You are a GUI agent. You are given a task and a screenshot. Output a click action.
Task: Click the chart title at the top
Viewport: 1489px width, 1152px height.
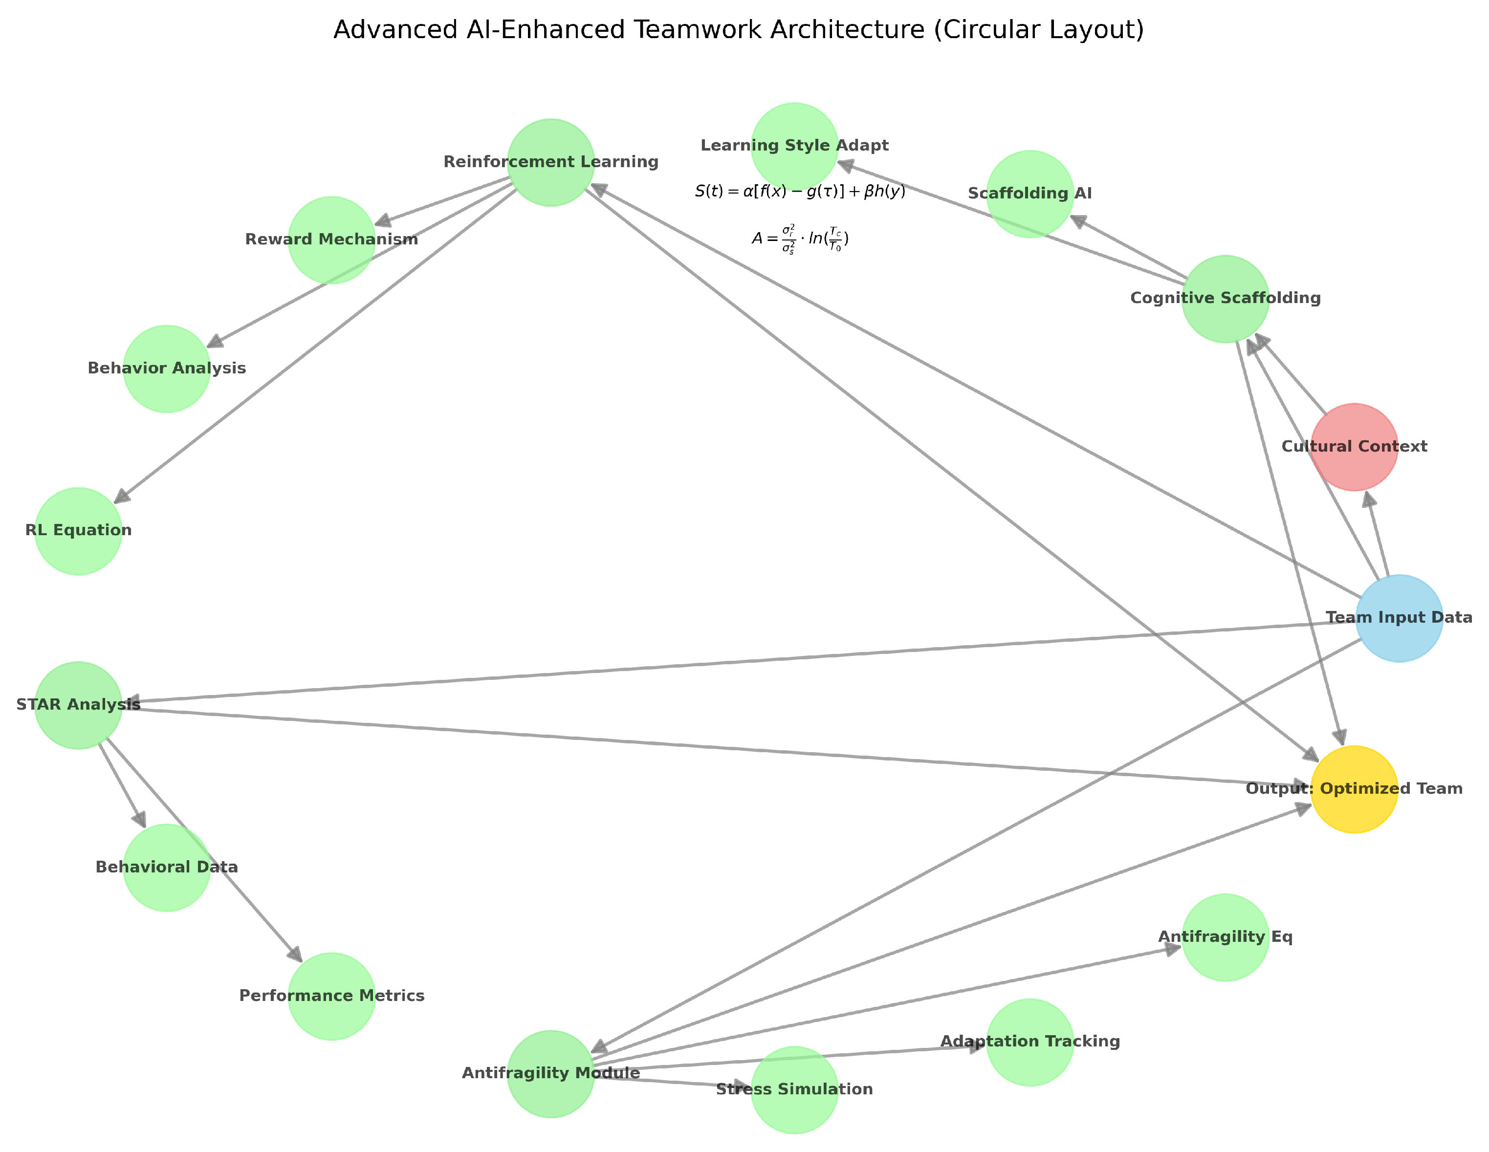coord(738,31)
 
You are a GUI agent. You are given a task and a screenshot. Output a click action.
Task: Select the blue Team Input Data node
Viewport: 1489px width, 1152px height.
coord(1399,618)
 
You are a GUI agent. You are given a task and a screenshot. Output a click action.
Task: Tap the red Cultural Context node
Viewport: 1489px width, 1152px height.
coord(1354,447)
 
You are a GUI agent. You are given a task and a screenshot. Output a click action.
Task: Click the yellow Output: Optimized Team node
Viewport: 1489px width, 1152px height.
coord(1354,789)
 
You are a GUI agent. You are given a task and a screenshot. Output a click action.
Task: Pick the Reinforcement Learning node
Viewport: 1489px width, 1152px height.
coord(551,162)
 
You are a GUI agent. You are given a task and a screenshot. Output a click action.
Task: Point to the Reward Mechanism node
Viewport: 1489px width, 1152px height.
coord(331,240)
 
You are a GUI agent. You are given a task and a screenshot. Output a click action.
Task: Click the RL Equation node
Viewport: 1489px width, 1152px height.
coord(78,531)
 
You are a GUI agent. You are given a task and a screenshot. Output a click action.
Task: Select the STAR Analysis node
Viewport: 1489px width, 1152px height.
coord(78,705)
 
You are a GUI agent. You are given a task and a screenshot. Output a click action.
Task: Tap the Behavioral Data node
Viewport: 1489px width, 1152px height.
coord(166,868)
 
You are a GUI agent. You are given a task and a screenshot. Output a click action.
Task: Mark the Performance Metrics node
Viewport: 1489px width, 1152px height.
coord(331,997)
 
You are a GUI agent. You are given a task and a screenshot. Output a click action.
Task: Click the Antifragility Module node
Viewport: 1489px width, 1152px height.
coord(551,1074)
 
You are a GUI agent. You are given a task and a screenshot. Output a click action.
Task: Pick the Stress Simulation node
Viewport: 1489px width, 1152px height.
coord(794,1089)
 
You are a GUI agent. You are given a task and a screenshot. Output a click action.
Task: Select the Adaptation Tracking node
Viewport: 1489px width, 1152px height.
coord(1029,1042)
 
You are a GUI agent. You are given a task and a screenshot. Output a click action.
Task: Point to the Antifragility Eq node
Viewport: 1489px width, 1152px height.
coord(1225,937)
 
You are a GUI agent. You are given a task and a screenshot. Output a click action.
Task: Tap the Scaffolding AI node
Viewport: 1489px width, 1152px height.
coord(1029,194)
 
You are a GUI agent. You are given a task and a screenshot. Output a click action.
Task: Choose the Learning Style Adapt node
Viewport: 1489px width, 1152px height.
coord(794,146)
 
